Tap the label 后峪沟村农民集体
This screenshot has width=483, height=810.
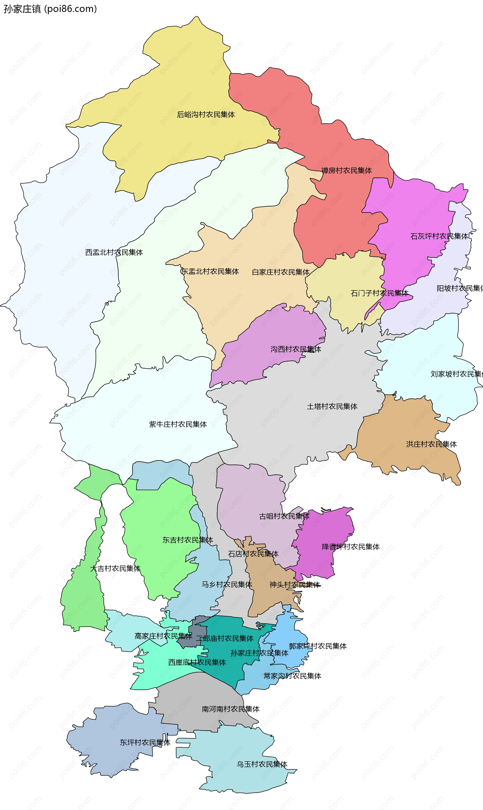point(206,114)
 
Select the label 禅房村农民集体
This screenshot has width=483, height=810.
point(346,171)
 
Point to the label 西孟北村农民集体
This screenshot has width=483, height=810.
point(114,252)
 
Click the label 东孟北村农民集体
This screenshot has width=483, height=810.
point(210,272)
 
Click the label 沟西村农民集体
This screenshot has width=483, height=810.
point(296,349)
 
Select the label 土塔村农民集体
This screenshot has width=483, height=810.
point(332,407)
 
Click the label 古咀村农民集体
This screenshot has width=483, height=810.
point(284,516)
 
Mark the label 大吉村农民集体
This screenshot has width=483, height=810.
point(115,569)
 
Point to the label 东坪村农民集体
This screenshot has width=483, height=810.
point(145,743)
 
